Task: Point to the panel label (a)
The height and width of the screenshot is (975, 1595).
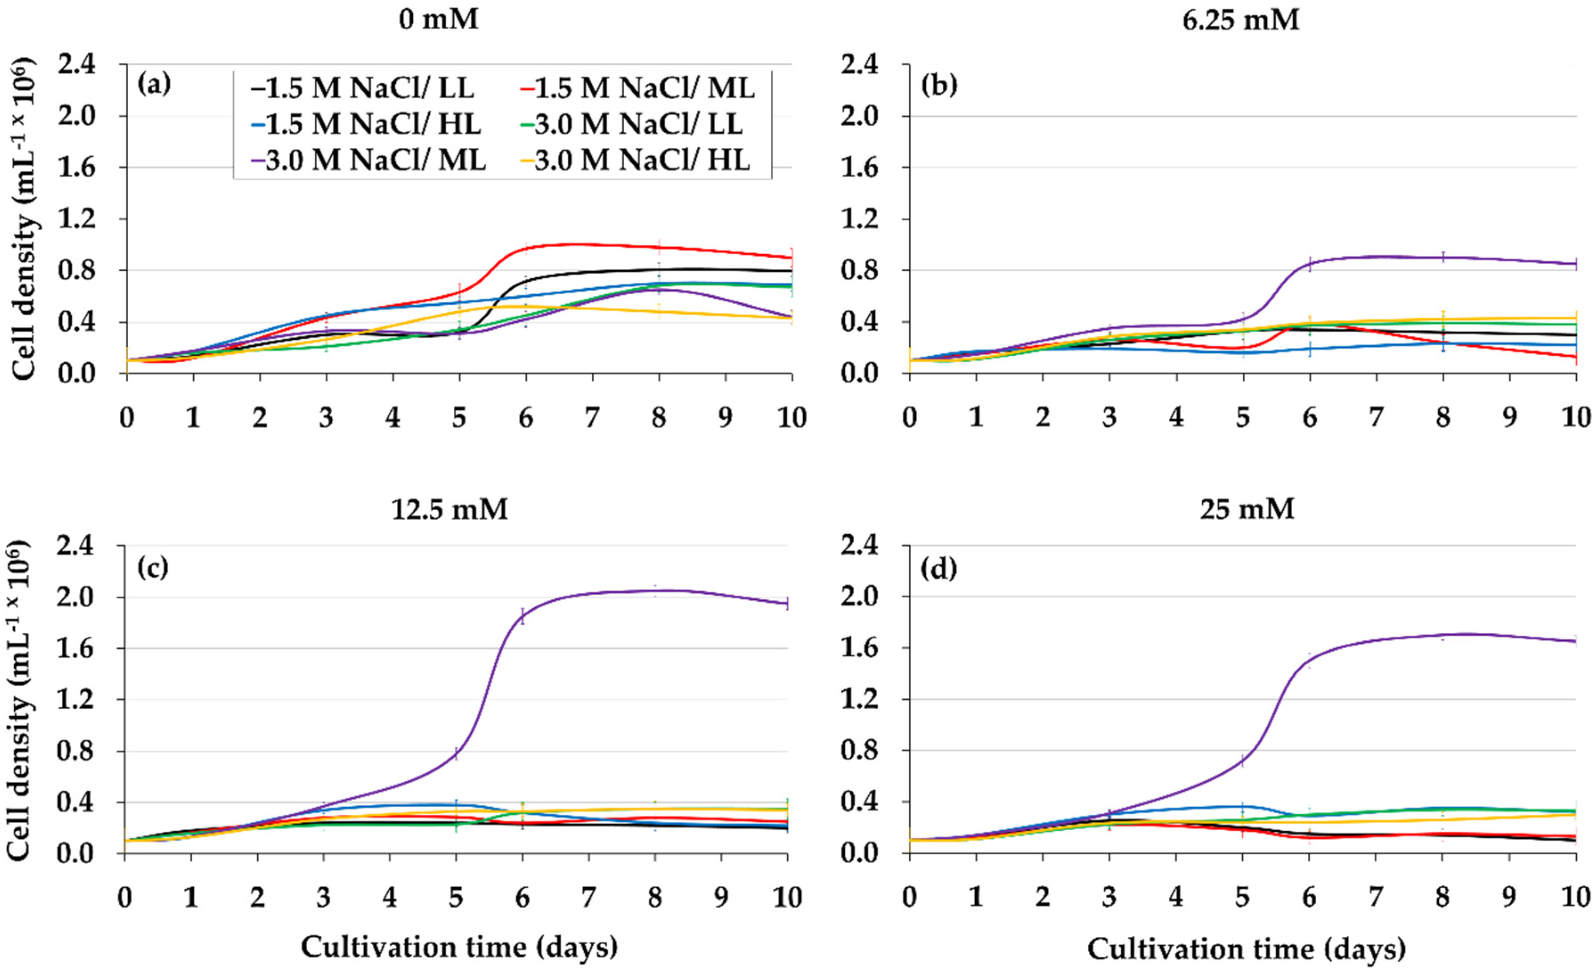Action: (154, 85)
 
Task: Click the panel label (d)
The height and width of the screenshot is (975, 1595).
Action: (939, 568)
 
